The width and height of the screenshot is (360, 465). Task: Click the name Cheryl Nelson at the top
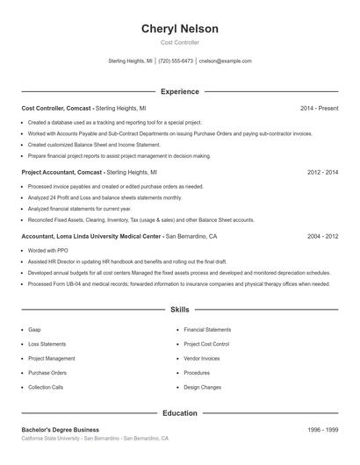180,29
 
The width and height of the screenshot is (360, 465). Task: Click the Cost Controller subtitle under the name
180,42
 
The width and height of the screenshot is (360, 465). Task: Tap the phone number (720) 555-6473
176,61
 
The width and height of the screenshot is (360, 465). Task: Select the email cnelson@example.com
225,61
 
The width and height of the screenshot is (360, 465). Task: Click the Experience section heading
180,91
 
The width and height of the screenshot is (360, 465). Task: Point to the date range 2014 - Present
319,108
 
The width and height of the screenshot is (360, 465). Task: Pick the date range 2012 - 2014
322,173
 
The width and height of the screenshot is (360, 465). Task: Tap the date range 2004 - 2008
322,237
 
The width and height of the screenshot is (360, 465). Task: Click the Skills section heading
180,310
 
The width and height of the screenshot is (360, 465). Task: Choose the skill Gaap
34,330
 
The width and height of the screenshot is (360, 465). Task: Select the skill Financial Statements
208,330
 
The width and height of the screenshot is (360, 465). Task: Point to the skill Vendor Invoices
202,358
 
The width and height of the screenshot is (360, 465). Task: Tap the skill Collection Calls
46,387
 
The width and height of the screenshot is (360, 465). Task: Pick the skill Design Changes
203,387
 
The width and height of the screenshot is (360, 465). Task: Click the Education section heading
180,412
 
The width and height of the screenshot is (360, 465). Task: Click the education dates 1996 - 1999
322,430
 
